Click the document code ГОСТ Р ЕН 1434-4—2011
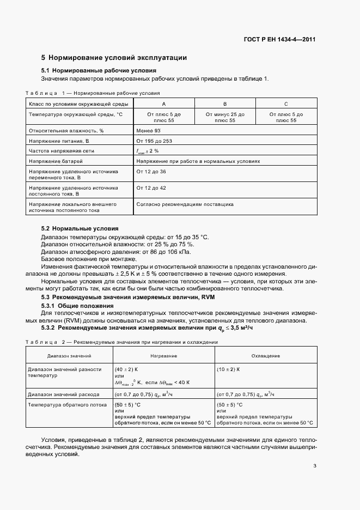(279, 40)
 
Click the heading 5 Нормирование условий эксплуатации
(114, 57)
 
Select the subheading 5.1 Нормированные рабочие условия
(99, 71)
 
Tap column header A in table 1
(163, 103)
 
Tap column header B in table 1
(224, 103)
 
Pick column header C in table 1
(286, 103)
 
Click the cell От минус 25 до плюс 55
(224, 117)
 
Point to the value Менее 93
(149, 131)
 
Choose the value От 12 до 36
(151, 172)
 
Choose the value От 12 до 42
(151, 188)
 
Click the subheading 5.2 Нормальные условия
(80, 228)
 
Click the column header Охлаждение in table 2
(266, 355)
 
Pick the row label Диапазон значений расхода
(64, 394)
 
